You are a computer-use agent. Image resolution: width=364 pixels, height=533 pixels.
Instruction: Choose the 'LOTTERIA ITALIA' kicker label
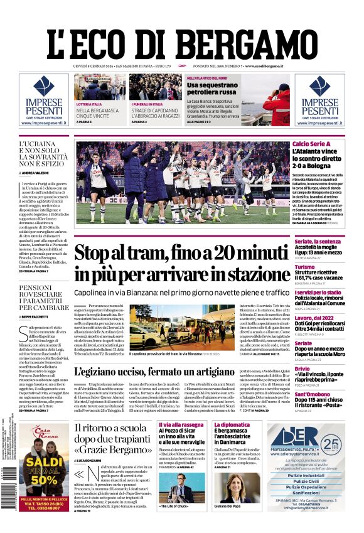(x=88, y=104)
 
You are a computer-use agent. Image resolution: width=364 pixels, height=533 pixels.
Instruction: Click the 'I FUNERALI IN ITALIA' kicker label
(x=147, y=104)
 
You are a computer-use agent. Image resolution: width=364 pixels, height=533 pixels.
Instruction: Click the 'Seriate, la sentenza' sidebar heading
(x=318, y=241)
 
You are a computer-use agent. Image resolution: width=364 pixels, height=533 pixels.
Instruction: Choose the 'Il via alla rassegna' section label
(x=181, y=424)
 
